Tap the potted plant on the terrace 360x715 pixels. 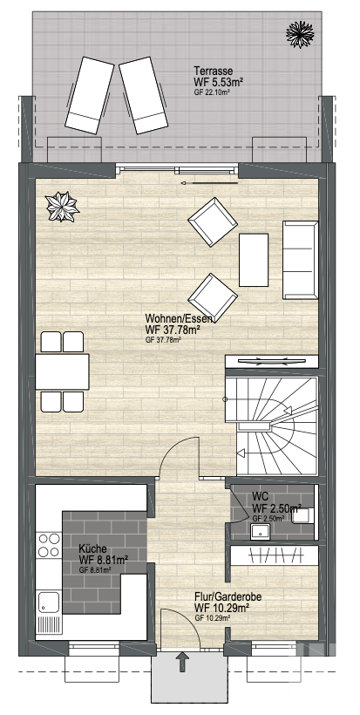coord(300,34)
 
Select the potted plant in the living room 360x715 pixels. coord(63,207)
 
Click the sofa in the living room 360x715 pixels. coord(301,260)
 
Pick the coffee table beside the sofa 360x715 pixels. coord(254,260)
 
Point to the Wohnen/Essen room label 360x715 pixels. coord(179,318)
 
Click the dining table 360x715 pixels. coord(62,371)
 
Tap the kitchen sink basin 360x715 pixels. coord(49,602)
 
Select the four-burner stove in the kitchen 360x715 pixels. coord(49,545)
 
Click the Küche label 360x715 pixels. coord(92,548)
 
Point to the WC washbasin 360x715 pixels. coord(261,531)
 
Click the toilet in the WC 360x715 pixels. coord(304,515)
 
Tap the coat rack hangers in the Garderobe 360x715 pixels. coord(275,555)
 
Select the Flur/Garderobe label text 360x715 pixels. coord(228,597)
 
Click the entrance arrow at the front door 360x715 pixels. coord(183,662)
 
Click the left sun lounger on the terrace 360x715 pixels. coord(90,95)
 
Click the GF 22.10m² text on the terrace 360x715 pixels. coord(212,92)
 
